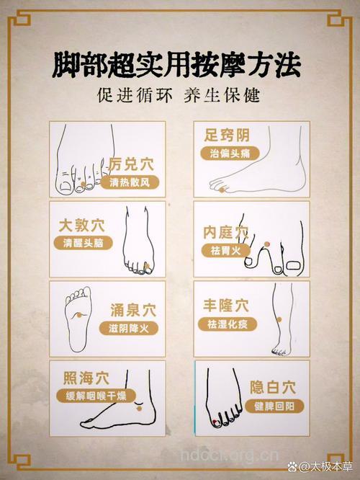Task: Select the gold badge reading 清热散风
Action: [x=130, y=183]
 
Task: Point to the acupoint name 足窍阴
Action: [x=227, y=135]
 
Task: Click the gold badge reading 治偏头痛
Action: [x=225, y=154]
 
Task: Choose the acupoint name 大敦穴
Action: [x=83, y=224]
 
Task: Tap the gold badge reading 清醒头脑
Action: [x=83, y=244]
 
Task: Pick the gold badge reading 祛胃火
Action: [x=225, y=251]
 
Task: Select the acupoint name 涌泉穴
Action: [x=132, y=308]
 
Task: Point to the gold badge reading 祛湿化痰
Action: [x=225, y=324]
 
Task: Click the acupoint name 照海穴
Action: [x=84, y=377]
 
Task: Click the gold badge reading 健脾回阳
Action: [x=277, y=405]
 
